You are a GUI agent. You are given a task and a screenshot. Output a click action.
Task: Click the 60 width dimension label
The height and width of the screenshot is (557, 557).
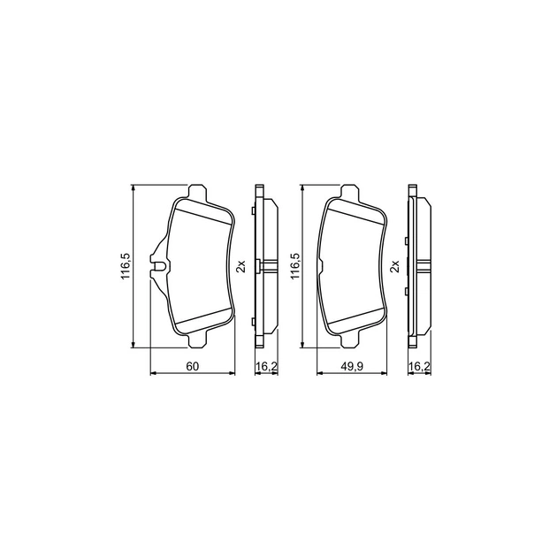[192, 366]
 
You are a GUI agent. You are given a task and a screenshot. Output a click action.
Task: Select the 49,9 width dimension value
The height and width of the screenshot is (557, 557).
[353, 366]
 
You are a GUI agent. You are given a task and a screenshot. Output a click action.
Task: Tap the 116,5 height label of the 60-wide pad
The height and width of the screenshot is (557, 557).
[127, 266]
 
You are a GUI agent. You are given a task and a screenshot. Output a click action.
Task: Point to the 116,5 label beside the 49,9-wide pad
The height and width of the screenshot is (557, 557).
[295, 266]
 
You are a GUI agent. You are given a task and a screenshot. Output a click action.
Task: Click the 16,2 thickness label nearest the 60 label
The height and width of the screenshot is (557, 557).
[266, 366]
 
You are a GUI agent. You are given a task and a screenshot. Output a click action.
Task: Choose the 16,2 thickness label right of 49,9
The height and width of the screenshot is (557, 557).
[420, 366]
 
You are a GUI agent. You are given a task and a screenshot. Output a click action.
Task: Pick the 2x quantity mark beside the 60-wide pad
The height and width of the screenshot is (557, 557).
[241, 266]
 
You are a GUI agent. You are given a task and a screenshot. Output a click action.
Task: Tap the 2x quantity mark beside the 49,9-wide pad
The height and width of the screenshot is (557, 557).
[395, 266]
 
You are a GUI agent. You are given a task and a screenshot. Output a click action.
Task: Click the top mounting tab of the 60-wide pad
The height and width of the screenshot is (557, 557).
[197, 192]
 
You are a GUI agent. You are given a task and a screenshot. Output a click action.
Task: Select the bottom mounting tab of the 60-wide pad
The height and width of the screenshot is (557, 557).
[197, 340]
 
